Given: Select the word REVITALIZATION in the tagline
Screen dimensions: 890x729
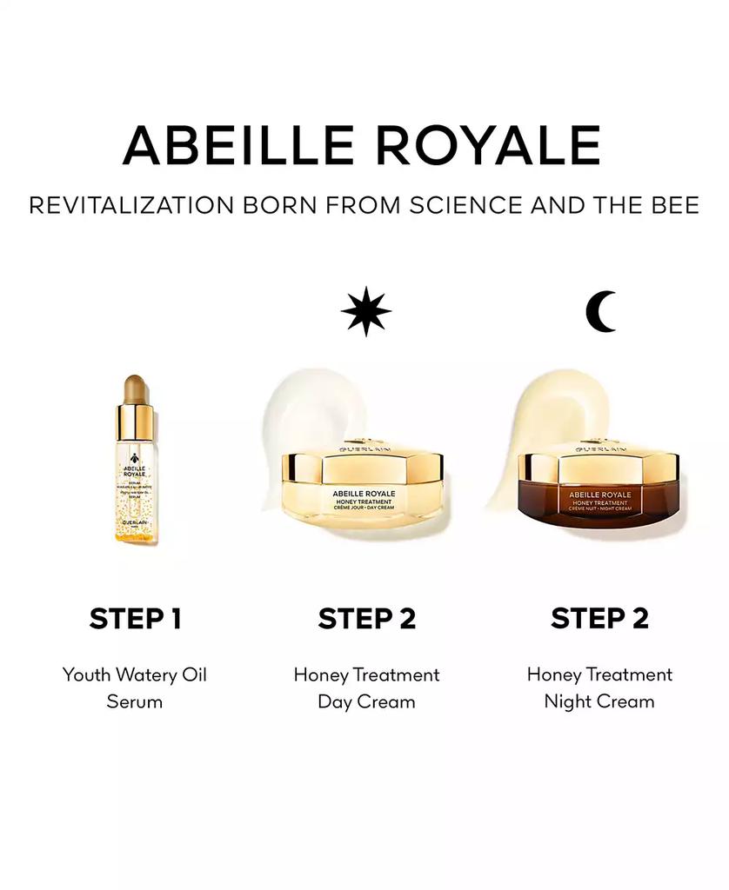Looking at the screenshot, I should (131, 206).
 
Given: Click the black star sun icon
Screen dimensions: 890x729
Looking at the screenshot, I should (365, 311).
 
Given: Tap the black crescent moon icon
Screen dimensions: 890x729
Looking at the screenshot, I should (601, 311).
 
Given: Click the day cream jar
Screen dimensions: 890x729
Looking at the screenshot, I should (365, 491).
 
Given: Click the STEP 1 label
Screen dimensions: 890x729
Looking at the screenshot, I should (135, 619).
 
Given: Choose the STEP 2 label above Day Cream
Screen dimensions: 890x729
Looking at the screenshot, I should (366, 619).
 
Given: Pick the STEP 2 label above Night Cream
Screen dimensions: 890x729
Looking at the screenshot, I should (599, 619).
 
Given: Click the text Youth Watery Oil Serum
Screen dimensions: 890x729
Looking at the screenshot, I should (135, 687).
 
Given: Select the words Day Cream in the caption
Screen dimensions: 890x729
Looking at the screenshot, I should (366, 701).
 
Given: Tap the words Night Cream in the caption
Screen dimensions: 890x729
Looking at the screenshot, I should (599, 701).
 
